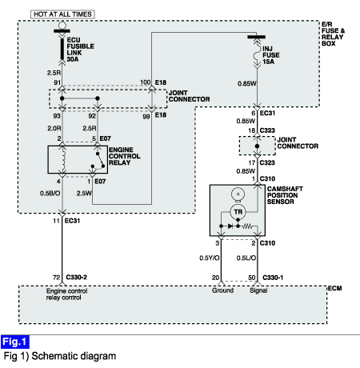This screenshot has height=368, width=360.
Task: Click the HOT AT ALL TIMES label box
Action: (x=62, y=14)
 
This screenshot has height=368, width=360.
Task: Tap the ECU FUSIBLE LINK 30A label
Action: (x=80, y=50)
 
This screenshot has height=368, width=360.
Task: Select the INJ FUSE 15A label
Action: (x=271, y=55)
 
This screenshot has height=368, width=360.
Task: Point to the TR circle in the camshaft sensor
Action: (x=238, y=212)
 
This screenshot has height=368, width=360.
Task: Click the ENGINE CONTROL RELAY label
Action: (x=124, y=156)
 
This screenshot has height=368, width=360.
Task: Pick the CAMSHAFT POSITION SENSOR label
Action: (x=285, y=195)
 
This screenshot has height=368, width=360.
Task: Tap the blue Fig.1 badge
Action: (x=15, y=342)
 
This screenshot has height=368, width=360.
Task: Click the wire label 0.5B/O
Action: (x=50, y=193)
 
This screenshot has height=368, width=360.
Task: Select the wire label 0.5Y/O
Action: (x=210, y=258)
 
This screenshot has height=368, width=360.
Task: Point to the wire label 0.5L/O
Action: (x=246, y=258)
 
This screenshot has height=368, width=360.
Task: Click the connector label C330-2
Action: (x=76, y=278)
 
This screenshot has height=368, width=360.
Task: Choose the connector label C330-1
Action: (x=273, y=278)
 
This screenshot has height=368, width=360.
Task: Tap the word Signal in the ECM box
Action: (x=258, y=290)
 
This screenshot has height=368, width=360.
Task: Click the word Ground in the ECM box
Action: (x=222, y=290)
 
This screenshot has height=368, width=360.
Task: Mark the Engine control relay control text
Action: (x=66, y=294)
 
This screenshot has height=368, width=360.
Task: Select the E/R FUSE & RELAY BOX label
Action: (x=333, y=34)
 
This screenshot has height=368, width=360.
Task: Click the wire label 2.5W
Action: (x=84, y=193)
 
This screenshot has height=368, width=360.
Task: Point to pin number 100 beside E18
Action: (x=146, y=82)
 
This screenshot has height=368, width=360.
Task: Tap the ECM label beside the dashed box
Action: (x=334, y=288)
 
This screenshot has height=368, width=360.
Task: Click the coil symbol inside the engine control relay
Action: (x=63, y=159)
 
